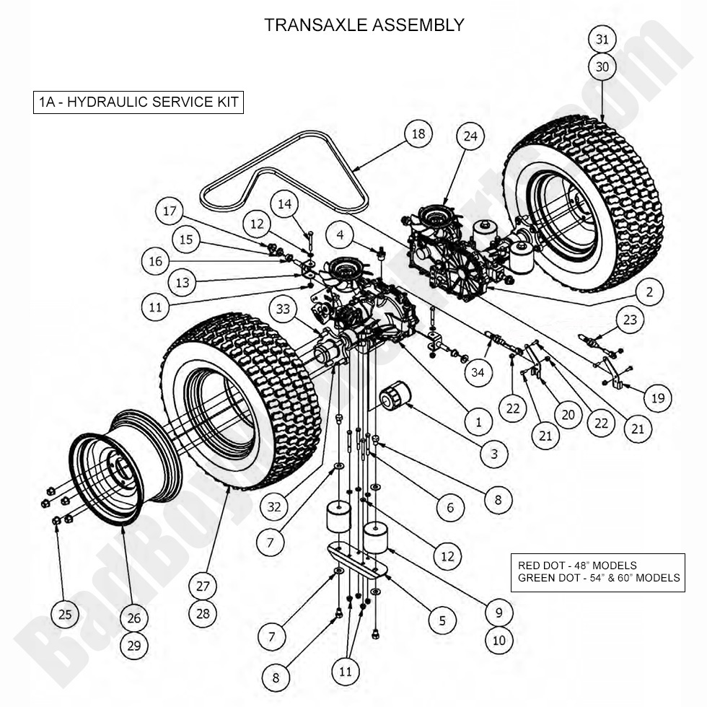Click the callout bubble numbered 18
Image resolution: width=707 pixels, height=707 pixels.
click(x=418, y=134)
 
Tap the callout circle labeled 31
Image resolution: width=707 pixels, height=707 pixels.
click(x=602, y=38)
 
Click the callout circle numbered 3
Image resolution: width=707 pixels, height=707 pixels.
click(x=493, y=454)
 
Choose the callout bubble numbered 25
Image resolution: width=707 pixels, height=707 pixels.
click(x=65, y=615)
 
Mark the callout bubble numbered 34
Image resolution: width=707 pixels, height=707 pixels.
click(x=478, y=373)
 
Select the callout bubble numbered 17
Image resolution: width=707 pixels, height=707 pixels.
click(x=170, y=212)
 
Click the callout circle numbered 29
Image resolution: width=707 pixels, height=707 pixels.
click(x=134, y=645)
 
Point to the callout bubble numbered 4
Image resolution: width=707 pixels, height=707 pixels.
click(x=338, y=234)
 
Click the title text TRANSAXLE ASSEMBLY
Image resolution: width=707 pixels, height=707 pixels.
click(x=364, y=25)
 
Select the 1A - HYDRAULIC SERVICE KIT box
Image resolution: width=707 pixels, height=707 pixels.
click(x=138, y=102)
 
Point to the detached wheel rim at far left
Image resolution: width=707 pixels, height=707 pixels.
click(x=108, y=476)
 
